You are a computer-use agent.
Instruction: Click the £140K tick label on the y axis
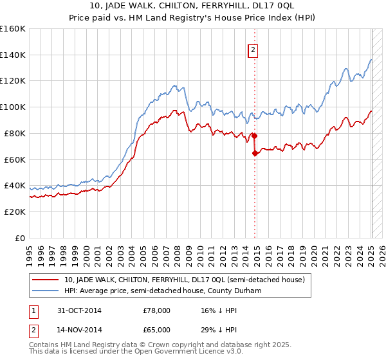click(x=13, y=55)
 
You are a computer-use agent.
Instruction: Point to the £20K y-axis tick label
click(x=15, y=212)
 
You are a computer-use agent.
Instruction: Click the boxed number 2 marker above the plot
click(x=253, y=50)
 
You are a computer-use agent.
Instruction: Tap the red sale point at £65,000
click(x=255, y=153)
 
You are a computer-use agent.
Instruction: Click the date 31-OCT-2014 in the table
click(x=80, y=310)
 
